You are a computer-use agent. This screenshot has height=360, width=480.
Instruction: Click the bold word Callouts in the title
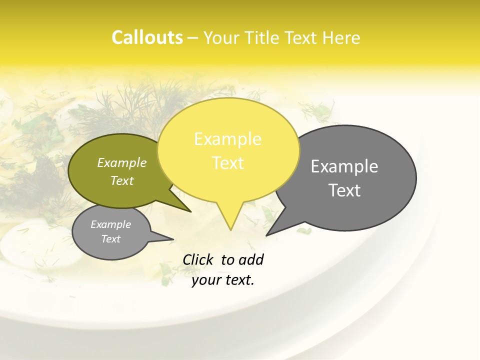pyautogui.click(x=147, y=37)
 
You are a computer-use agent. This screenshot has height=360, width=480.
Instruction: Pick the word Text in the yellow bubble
pyautogui.click(x=227, y=162)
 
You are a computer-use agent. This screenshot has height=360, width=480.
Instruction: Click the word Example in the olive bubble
pyautogui.click(x=122, y=162)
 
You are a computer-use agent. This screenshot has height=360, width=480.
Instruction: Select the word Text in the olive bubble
pyautogui.click(x=122, y=180)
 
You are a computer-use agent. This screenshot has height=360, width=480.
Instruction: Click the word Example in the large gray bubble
pyautogui.click(x=344, y=166)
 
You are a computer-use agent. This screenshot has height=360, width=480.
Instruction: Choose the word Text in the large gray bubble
pyautogui.click(x=344, y=190)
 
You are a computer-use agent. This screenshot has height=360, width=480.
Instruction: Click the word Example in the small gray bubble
pyautogui.click(x=110, y=224)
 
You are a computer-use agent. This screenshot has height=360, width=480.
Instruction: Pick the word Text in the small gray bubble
pyautogui.click(x=110, y=239)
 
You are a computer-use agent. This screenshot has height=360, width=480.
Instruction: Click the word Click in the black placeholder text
pyautogui.click(x=198, y=259)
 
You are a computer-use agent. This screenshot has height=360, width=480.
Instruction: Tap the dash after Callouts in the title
pyautogui.click(x=193, y=38)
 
